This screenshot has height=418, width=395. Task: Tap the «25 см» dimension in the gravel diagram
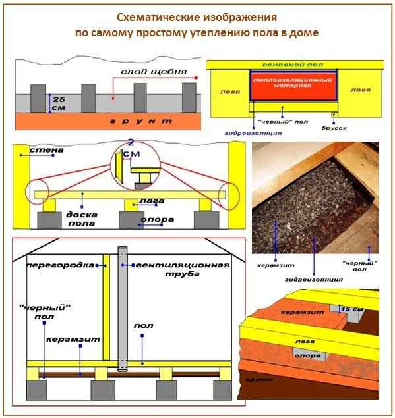(x=58, y=102)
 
